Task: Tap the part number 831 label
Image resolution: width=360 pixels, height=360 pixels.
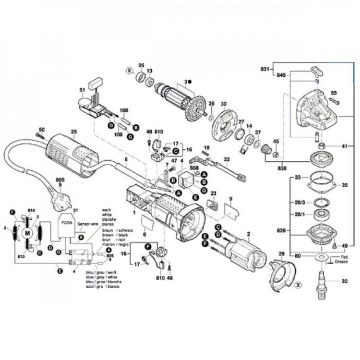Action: pyautogui.click(x=264, y=69)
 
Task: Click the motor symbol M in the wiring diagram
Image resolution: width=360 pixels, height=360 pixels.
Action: pyautogui.click(x=28, y=233)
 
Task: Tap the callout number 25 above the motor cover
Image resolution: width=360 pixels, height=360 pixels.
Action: pyautogui.click(x=73, y=132)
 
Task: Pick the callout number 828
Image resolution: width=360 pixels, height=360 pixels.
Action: pyautogui.click(x=282, y=231)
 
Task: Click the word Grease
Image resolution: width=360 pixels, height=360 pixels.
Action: pyautogui.click(x=341, y=263)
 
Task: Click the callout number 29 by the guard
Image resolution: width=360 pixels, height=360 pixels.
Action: pyautogui.click(x=282, y=253)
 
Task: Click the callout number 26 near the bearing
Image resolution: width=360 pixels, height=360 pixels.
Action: pyautogui.click(x=141, y=65)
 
